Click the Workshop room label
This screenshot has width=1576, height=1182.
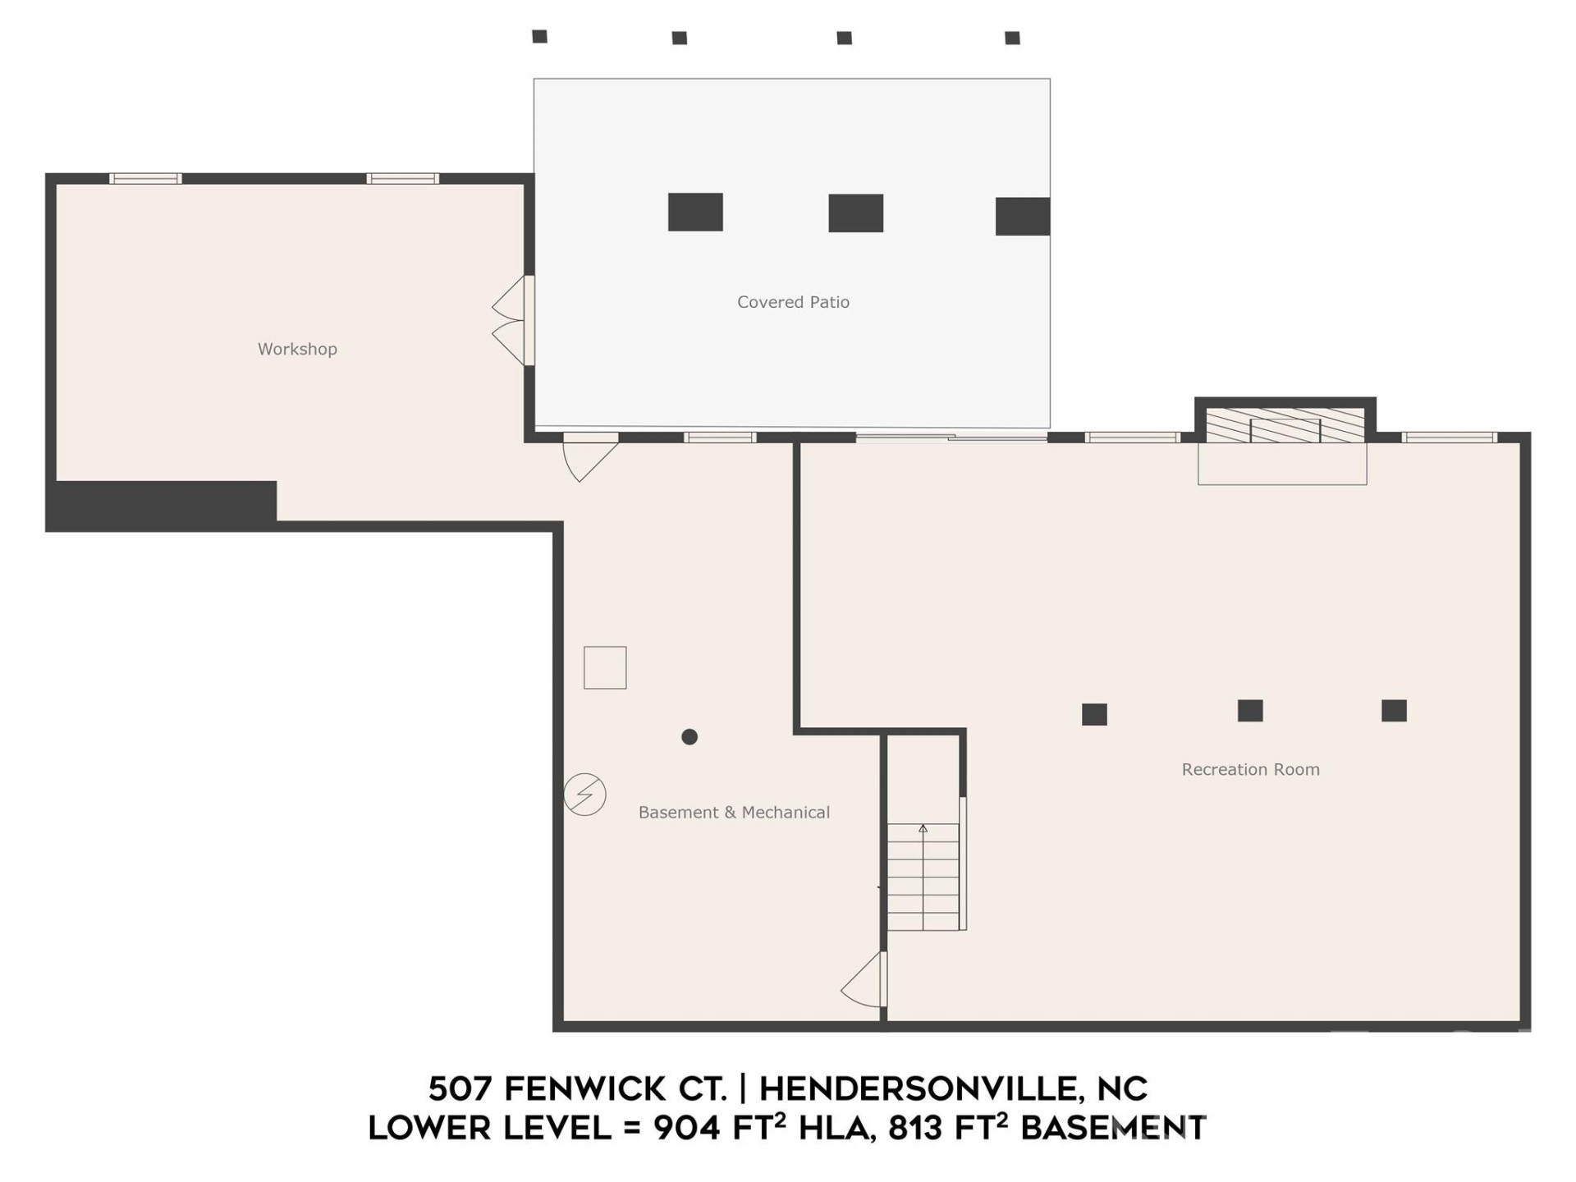pyautogui.click(x=297, y=349)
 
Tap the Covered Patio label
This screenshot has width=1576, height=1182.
pyautogui.click(x=793, y=302)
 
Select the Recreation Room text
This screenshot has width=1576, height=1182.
pyautogui.click(x=1250, y=769)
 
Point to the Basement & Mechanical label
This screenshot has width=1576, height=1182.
pyautogui.click(x=734, y=812)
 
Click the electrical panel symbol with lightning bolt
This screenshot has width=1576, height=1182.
pyautogui.click(x=584, y=794)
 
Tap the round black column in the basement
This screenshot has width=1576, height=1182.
pyautogui.click(x=689, y=737)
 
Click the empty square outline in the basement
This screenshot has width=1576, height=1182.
pyautogui.click(x=605, y=667)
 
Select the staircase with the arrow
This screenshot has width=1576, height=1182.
pyautogui.click(x=923, y=876)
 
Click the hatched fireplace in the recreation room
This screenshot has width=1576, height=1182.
pyautogui.click(x=1284, y=426)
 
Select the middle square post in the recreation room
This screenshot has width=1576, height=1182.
pyautogui.click(x=1249, y=711)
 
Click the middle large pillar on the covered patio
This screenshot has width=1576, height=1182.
pyautogui.click(x=855, y=213)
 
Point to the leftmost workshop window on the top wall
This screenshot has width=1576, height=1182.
pyautogui.click(x=145, y=178)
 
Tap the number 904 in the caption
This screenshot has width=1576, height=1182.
pyautogui.click(x=687, y=1129)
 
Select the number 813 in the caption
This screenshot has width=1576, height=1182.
pyautogui.click(x=915, y=1129)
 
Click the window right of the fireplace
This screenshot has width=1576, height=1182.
pyautogui.click(x=1448, y=438)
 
